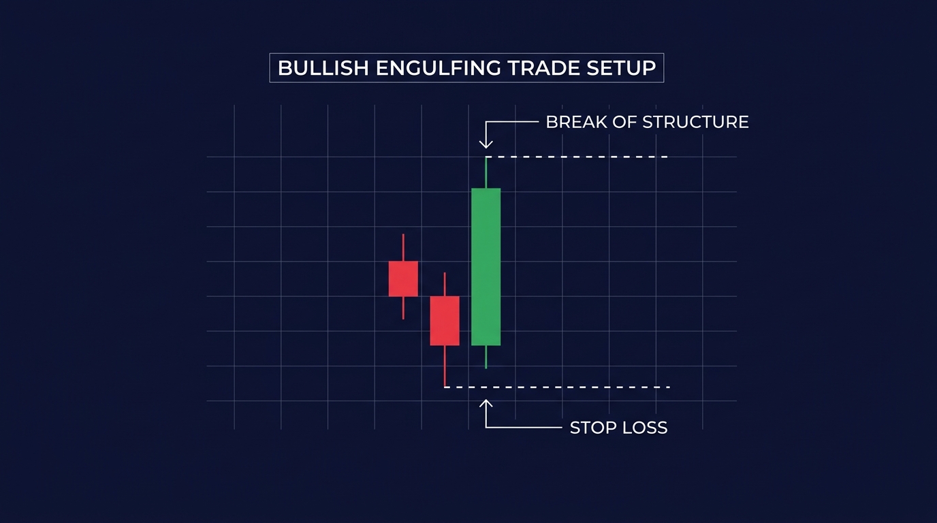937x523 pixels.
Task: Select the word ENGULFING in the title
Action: click(x=439, y=68)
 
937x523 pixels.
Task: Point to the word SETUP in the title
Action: click(x=621, y=68)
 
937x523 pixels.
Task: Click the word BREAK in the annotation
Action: click(x=576, y=122)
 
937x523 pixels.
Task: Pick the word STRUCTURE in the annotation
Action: click(x=696, y=122)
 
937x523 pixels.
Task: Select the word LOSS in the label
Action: click(x=645, y=428)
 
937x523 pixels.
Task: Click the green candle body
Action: click(x=486, y=267)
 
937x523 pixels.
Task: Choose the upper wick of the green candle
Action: click(x=486, y=173)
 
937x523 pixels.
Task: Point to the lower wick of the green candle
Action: click(x=486, y=357)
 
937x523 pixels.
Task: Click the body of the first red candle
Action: click(x=403, y=279)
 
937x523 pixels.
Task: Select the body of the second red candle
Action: click(x=445, y=321)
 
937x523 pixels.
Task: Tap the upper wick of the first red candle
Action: click(x=403, y=248)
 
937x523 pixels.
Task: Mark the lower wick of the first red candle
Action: click(x=403, y=308)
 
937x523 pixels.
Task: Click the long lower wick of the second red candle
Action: click(x=445, y=366)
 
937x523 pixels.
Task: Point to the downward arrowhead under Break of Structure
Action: click(x=486, y=144)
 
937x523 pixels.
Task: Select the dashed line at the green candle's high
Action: click(x=576, y=157)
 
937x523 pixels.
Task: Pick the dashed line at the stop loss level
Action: click(x=557, y=387)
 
